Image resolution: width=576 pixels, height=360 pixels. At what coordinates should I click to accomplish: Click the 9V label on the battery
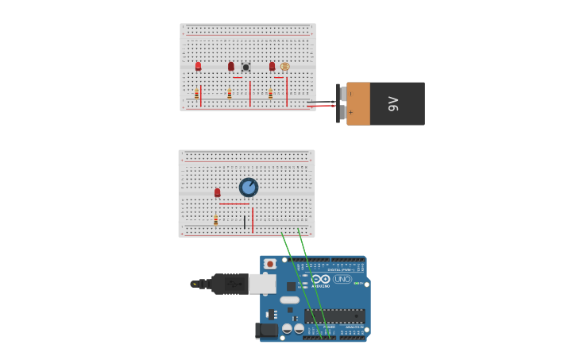tap(393, 103)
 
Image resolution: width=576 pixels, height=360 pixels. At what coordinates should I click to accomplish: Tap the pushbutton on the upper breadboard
tap(245, 68)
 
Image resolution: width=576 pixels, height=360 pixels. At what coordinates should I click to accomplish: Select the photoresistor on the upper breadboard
tap(285, 67)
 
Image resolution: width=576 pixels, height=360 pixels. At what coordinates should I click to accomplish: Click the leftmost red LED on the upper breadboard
tap(198, 67)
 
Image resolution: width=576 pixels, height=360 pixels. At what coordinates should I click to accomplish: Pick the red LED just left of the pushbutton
tap(231, 67)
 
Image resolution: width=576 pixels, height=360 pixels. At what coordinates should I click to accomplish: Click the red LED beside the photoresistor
tap(272, 67)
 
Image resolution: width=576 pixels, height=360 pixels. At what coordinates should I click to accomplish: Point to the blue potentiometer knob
tap(249, 188)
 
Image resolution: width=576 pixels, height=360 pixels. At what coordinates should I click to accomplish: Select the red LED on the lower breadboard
tap(217, 192)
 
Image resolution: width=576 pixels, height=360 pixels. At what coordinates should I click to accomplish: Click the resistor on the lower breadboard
tap(215, 220)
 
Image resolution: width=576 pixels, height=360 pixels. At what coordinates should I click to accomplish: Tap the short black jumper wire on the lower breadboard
tap(245, 222)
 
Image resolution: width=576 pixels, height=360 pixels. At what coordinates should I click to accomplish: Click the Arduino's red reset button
tap(269, 264)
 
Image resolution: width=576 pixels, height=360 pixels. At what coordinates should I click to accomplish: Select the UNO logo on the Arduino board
tap(342, 279)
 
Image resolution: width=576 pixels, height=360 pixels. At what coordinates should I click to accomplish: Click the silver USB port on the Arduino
tap(262, 284)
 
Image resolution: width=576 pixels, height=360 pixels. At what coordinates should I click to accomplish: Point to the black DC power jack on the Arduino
tap(265, 330)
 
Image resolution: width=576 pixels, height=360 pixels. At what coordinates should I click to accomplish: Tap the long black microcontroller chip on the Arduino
tap(334, 315)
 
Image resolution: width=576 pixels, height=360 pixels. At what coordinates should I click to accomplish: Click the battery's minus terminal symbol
tap(350, 93)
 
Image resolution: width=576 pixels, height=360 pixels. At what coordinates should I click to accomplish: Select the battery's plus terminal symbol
tap(350, 113)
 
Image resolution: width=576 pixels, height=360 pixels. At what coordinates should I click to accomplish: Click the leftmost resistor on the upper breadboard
tap(197, 94)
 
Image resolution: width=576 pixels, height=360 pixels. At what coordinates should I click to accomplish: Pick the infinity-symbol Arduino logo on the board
tap(320, 279)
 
